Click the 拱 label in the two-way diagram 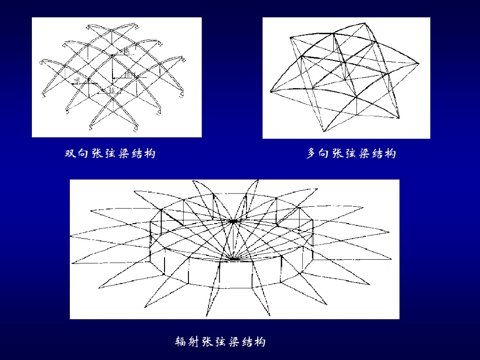click(x=126, y=51)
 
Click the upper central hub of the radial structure click(x=234, y=219)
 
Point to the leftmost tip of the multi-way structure click(x=271, y=91)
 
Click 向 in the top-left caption click(x=83, y=153)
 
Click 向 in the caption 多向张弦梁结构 click(x=324, y=153)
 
